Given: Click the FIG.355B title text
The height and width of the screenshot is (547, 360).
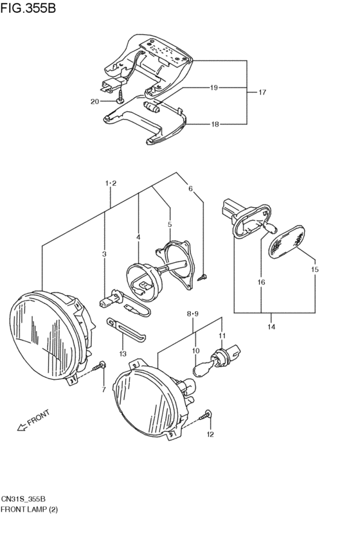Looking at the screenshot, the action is click(28, 8).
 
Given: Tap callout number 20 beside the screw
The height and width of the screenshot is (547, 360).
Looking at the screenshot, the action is click(94, 102).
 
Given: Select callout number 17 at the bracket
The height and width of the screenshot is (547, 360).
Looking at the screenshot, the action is click(262, 92).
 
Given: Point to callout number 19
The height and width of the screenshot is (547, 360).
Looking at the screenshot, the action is click(214, 87).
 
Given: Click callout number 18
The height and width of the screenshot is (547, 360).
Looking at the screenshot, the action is click(215, 124).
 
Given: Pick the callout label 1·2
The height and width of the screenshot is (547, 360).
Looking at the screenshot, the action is click(111, 183).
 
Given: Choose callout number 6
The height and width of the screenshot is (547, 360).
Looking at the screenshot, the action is click(190, 188).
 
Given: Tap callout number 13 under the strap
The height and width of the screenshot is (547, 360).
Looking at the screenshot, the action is click(123, 354).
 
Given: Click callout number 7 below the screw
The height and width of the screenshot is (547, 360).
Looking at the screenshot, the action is click(104, 390).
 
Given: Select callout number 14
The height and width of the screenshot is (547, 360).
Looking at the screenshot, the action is click(271, 327).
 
